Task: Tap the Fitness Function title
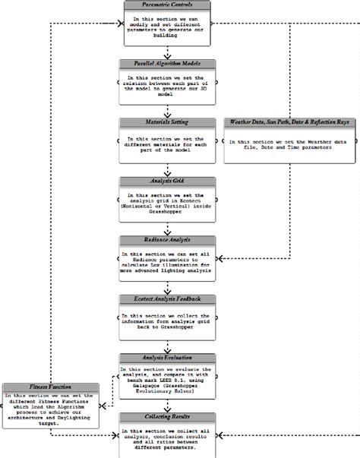52,387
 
